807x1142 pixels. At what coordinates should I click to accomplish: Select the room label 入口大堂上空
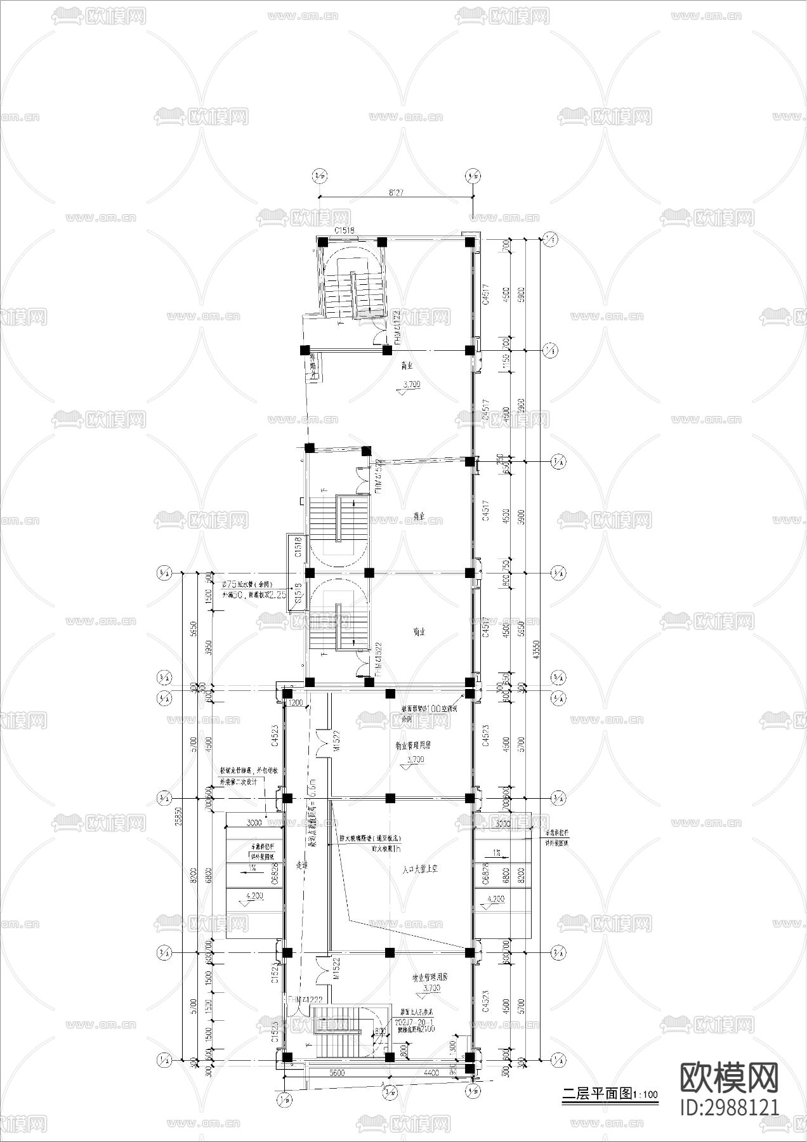416,870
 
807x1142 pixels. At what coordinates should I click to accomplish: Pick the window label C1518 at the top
344,231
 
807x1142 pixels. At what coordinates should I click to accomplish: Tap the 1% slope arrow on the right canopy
498,853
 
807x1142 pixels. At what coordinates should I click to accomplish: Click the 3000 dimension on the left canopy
254,824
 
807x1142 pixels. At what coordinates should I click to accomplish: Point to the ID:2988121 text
729,1107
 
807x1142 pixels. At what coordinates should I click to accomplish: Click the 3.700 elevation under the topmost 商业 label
410,384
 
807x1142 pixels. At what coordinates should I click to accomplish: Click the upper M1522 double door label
337,741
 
